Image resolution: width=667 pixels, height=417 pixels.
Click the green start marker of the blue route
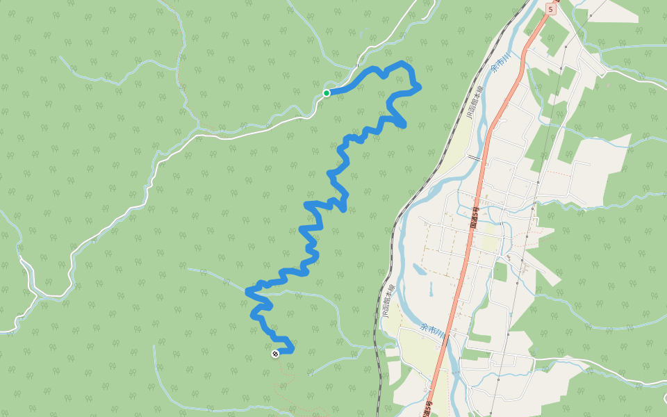[x=327, y=92]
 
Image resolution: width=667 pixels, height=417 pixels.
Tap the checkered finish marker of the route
[x=275, y=354]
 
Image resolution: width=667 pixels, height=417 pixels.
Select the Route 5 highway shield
[x=550, y=8]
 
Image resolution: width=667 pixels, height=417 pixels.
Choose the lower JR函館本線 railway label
[x=387, y=301]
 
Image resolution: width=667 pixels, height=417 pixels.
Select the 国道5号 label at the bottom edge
[x=428, y=409]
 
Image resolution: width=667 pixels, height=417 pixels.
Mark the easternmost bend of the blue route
[x=419, y=87]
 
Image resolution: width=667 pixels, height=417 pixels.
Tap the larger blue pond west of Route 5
[x=420, y=270]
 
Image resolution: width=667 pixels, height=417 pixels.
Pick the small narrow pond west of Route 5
[x=431, y=288]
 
